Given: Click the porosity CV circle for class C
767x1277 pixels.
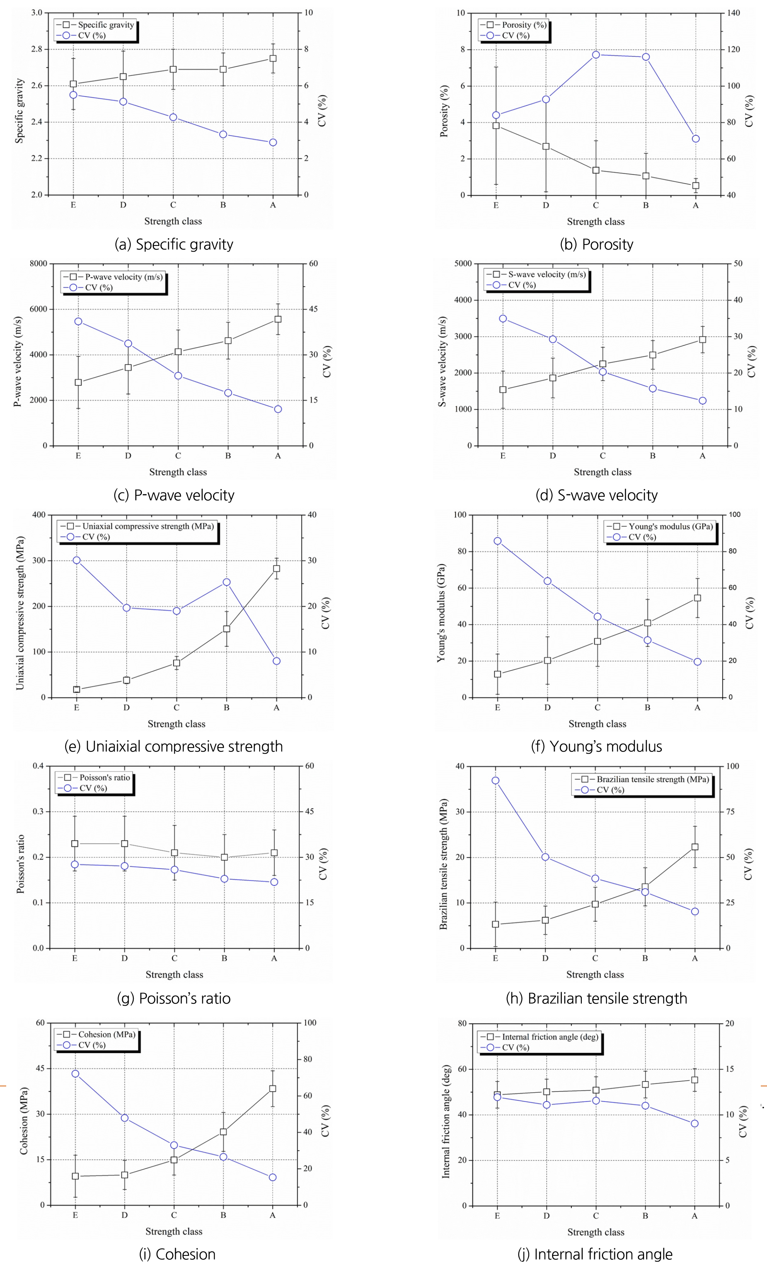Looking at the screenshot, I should click(596, 55).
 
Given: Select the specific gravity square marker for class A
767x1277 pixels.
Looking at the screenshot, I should click(273, 58).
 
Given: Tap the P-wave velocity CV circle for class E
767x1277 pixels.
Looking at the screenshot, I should click(78, 321).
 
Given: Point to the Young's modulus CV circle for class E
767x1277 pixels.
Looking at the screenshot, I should click(497, 541).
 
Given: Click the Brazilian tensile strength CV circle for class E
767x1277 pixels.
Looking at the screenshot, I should click(495, 781).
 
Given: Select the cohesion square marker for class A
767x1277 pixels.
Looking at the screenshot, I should click(273, 1088).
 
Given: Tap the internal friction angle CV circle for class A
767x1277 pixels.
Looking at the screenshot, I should click(695, 1124).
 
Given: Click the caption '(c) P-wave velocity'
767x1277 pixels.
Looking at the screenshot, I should click(174, 495).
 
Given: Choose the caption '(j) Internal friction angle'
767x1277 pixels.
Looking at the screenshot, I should click(595, 1254).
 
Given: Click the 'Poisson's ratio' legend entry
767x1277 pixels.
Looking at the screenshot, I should click(104, 778).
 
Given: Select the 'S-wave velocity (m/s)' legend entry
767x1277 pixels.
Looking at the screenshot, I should click(547, 274).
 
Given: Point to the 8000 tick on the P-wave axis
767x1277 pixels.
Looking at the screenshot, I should click(38, 264).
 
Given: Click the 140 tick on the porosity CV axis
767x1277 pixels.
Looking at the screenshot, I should click(733, 13).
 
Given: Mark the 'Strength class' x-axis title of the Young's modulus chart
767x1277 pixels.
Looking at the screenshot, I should click(597, 724).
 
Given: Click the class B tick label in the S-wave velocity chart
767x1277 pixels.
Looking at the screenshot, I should click(652, 456).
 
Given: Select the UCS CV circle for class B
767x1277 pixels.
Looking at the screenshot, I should click(227, 582).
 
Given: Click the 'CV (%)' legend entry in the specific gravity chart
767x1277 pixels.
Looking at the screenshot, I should click(92, 36).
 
